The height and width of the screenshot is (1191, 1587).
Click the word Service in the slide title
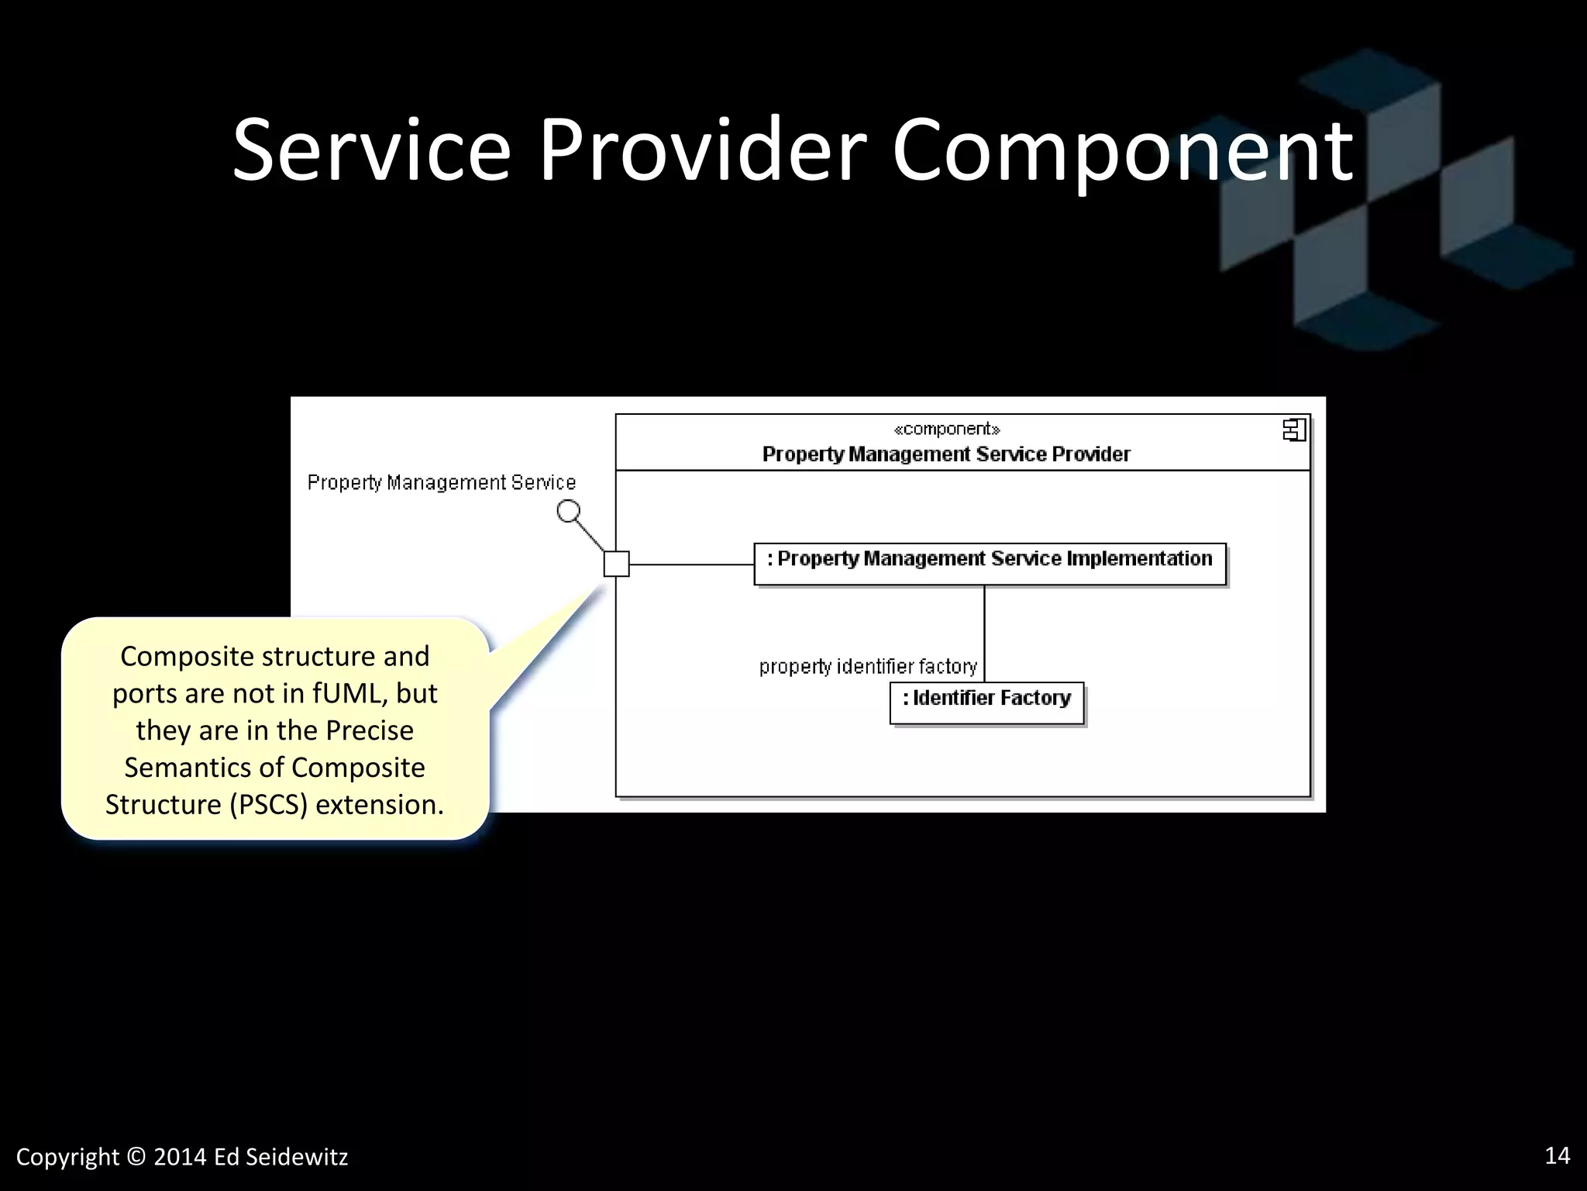(x=371, y=151)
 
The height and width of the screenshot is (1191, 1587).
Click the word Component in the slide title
(x=1122, y=151)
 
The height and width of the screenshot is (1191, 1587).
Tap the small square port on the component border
(x=617, y=564)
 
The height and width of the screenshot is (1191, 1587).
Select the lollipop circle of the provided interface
(x=569, y=511)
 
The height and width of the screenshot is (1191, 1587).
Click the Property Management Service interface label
(x=442, y=482)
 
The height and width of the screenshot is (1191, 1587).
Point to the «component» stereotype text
(x=946, y=429)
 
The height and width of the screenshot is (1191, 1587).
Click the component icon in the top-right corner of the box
(x=1294, y=430)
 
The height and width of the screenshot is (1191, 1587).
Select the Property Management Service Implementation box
(x=990, y=564)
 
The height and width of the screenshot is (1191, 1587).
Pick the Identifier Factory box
(x=986, y=703)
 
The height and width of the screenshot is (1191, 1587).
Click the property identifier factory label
(x=868, y=666)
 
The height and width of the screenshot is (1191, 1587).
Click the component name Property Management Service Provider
(x=946, y=454)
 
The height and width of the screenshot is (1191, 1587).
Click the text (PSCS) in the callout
(x=268, y=805)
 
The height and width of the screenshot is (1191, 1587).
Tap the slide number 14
(x=1557, y=1155)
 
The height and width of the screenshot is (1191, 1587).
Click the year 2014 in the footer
(x=180, y=1158)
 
